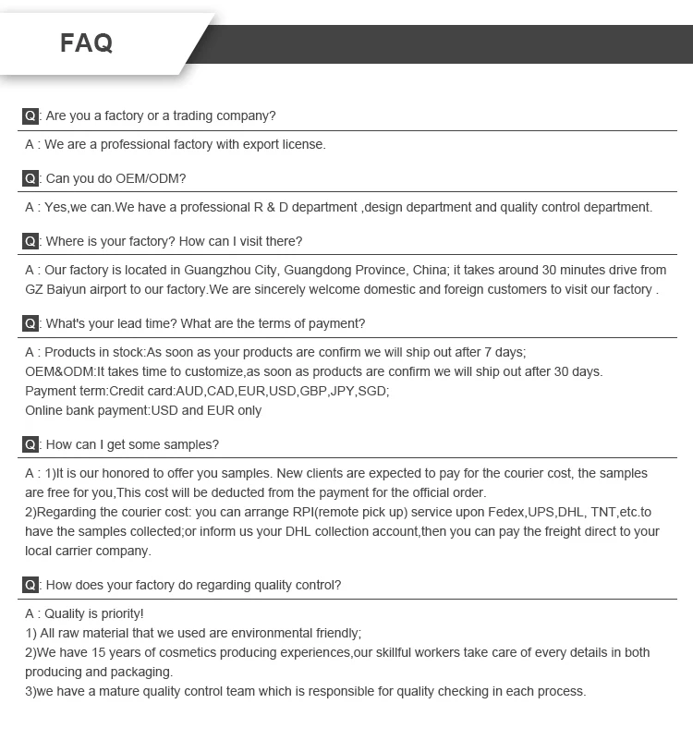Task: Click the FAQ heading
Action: [x=87, y=42]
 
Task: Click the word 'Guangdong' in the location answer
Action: [x=320, y=270]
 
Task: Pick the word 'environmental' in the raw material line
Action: [x=258, y=633]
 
